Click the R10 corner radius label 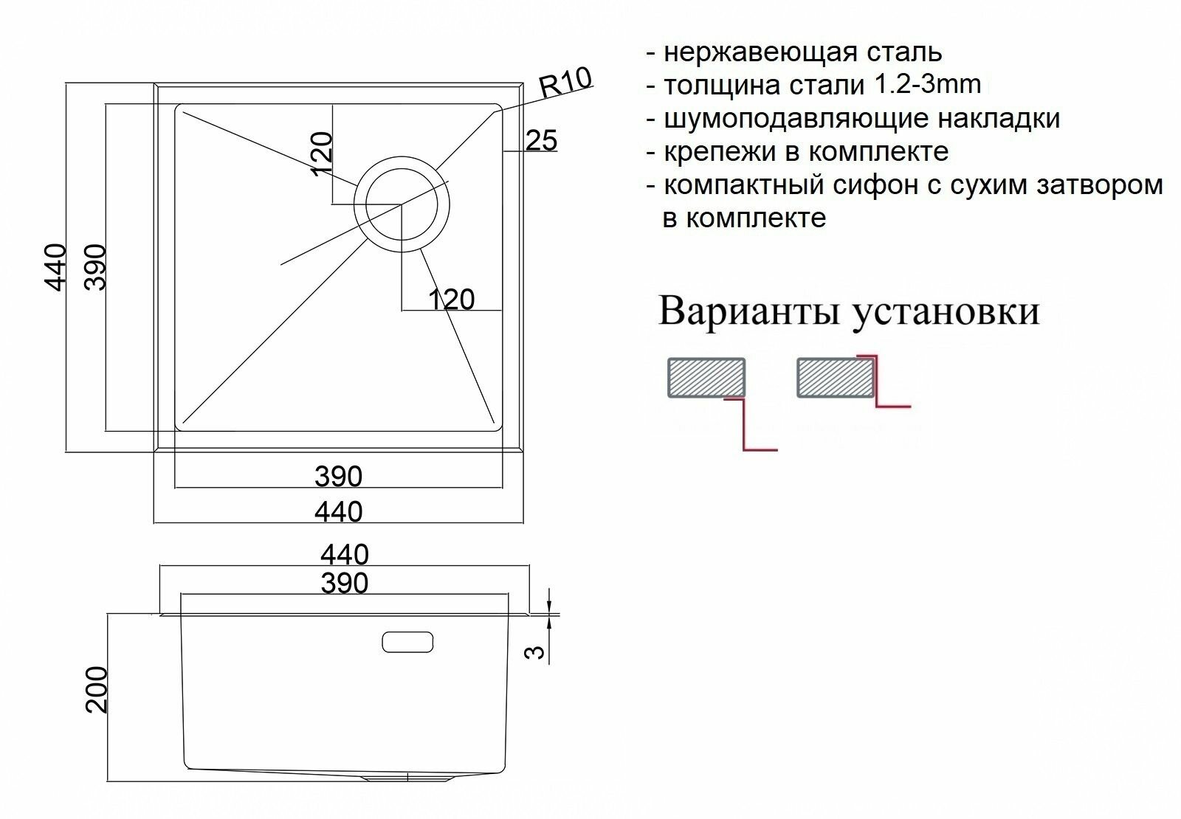(566, 81)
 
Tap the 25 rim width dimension (542, 140)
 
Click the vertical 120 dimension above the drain (323, 154)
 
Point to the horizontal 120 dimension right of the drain (451, 300)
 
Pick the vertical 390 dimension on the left (96, 267)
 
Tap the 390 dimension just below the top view (339, 477)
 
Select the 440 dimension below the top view (339, 511)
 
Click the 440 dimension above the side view (345, 554)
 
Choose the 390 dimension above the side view (345, 584)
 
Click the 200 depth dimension (97, 690)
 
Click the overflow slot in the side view (408, 642)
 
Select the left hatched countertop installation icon (706, 377)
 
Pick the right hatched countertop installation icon (836, 377)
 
